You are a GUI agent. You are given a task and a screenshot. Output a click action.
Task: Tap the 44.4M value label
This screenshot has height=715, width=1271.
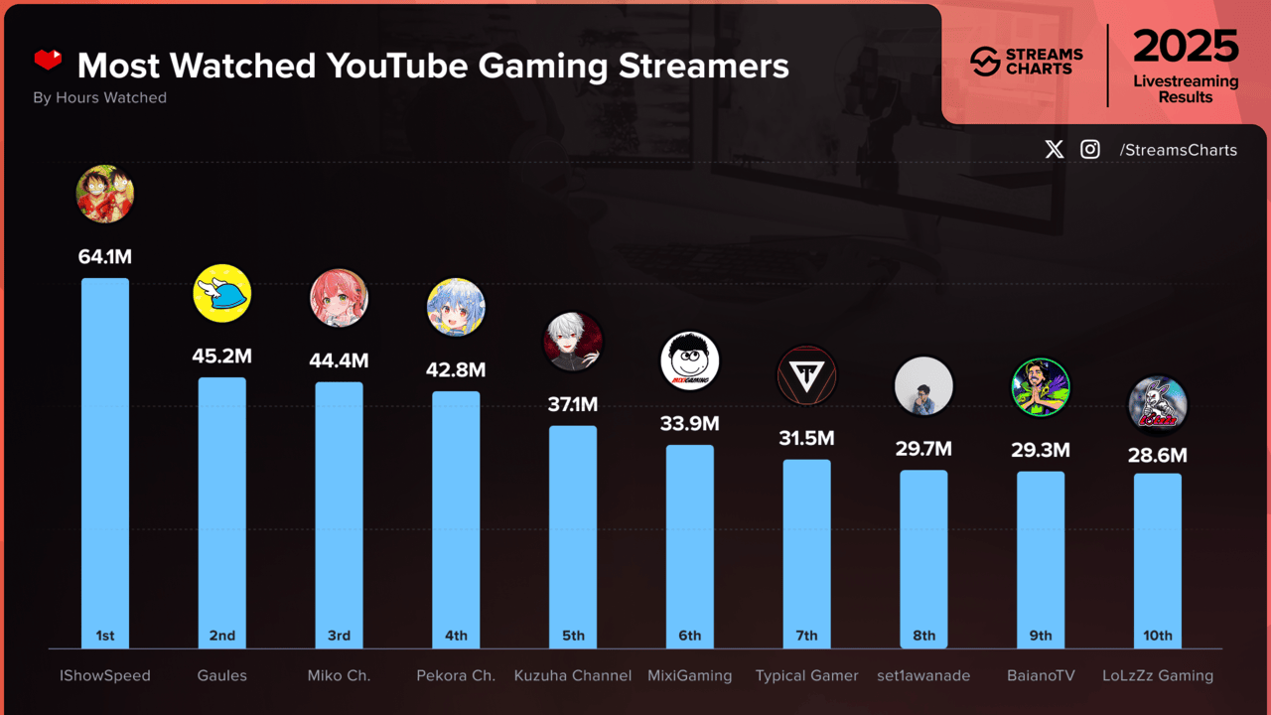click(339, 360)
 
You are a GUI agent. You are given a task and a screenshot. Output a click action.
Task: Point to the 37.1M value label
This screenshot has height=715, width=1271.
click(573, 404)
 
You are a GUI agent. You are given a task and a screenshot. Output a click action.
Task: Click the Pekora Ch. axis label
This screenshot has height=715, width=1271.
click(456, 675)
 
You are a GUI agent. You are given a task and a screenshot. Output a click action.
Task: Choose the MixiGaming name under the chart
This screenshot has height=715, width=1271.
click(689, 675)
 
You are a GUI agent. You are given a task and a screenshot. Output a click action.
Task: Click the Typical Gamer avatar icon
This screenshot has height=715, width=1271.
click(806, 376)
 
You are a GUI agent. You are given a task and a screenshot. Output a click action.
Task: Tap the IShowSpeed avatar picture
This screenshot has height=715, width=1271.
click(105, 194)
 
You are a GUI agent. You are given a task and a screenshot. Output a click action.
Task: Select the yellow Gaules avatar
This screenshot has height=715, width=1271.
click(221, 294)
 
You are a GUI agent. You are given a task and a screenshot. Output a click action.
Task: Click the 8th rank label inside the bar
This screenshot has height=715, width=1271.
click(923, 636)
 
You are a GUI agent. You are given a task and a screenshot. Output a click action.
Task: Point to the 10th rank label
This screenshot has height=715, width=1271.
click(1158, 636)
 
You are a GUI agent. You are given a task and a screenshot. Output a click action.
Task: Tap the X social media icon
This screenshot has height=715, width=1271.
click(1055, 150)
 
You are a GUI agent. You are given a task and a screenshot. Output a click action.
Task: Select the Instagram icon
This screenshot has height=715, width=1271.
click(1090, 150)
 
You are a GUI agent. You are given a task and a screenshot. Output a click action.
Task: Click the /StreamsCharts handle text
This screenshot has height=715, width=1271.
click(1178, 150)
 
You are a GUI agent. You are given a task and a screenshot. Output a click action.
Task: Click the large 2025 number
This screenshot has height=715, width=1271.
click(1186, 47)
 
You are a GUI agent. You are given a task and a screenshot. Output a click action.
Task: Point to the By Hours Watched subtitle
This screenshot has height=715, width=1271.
click(99, 97)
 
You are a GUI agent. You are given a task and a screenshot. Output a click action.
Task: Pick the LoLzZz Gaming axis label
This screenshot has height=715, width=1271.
click(1158, 675)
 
